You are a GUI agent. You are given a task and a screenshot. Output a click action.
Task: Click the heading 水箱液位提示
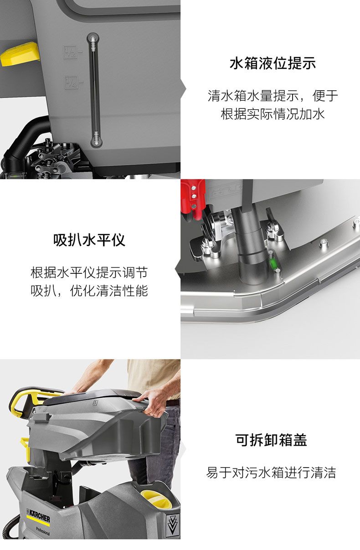click(x=273, y=63)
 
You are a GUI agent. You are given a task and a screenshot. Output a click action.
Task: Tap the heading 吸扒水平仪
click(x=89, y=240)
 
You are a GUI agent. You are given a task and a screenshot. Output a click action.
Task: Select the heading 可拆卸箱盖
click(x=271, y=440)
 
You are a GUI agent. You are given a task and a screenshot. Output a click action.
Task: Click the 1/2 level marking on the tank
click(x=71, y=52)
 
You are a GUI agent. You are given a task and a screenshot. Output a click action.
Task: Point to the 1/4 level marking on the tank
click(x=72, y=82)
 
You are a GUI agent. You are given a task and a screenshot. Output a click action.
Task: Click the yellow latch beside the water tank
click(x=20, y=55)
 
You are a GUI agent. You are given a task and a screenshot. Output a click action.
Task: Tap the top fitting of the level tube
click(x=93, y=40)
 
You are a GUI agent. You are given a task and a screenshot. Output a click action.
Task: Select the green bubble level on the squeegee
click(x=273, y=262)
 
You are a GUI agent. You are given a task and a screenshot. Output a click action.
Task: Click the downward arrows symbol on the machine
click(x=172, y=524)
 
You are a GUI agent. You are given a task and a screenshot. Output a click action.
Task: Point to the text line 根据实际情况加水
click(x=273, y=114)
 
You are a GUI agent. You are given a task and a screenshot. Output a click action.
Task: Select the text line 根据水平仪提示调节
click(x=89, y=272)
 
